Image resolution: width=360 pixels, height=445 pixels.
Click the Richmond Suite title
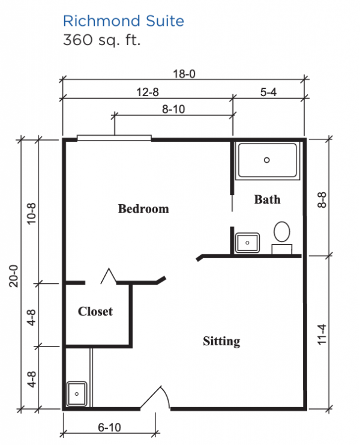tap(124, 21)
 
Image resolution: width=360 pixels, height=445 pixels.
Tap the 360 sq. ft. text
tap(102, 40)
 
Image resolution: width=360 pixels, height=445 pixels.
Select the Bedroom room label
tap(143, 209)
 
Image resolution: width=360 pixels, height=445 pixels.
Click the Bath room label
tap(268, 199)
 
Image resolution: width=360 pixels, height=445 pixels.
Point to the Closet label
tap(95, 311)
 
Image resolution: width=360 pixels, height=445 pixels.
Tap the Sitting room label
tap(221, 341)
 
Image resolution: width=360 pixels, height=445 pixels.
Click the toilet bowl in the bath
tap(282, 232)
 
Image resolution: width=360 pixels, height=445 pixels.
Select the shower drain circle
tap(266, 160)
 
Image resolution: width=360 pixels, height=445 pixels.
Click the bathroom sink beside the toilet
tap(247, 243)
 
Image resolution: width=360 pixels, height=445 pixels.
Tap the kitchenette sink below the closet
tap(77, 394)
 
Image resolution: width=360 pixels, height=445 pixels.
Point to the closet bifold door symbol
tap(109, 276)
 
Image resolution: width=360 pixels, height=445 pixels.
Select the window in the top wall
tap(114, 138)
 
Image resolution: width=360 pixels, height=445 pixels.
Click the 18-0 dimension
tap(184, 74)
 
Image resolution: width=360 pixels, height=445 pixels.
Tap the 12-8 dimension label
tap(148, 92)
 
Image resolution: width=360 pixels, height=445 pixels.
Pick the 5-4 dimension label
tap(268, 92)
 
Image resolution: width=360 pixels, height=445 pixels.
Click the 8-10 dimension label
tap(173, 109)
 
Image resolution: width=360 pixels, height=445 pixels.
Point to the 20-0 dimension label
tap(14, 276)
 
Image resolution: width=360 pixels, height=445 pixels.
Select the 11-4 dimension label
tap(322, 335)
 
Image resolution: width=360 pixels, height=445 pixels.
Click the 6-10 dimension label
tap(109, 428)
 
